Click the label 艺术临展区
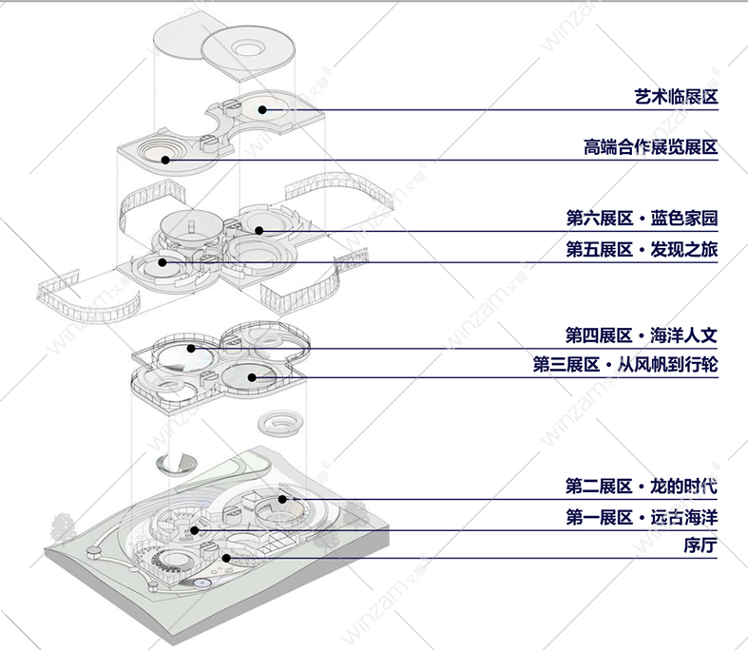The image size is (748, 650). (675, 97)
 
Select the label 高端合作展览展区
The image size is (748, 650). (650, 147)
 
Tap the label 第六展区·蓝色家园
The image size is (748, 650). (642, 219)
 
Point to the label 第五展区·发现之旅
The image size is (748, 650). (642, 249)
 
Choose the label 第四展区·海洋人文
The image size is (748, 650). (642, 335)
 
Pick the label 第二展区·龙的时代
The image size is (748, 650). (642, 487)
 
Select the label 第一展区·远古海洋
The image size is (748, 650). (642, 518)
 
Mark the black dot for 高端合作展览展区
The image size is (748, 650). (165, 160)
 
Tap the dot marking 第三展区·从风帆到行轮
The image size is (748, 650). (252, 378)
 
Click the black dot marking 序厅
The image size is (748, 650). (226, 558)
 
